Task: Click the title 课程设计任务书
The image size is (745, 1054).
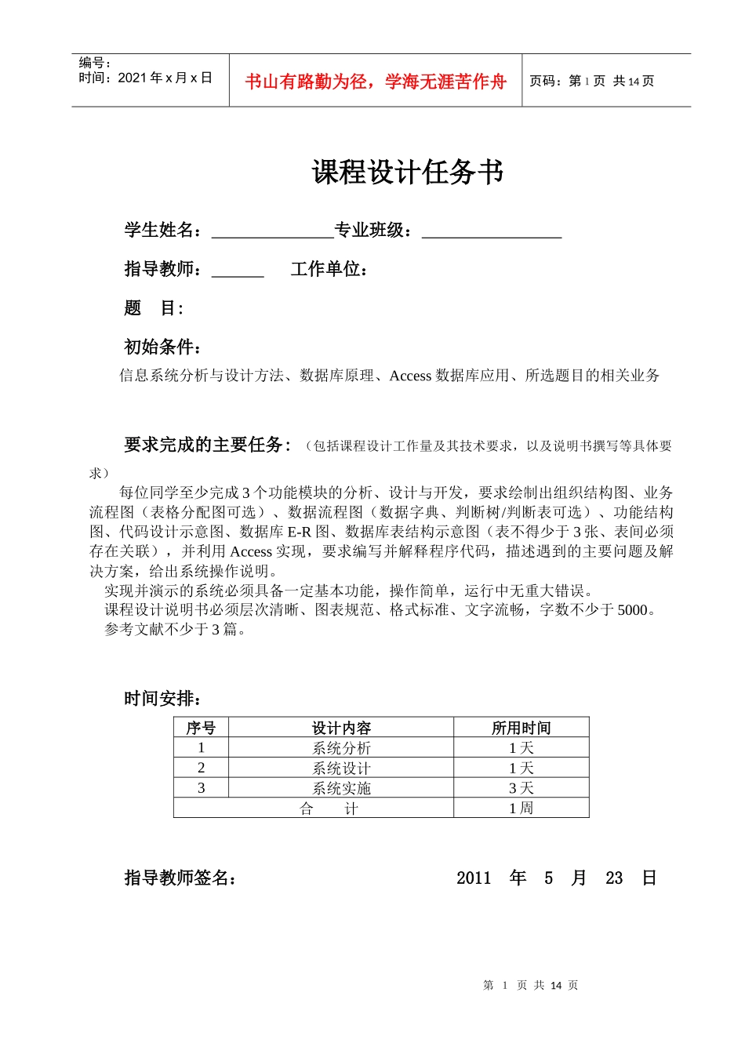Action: pyautogui.click(x=407, y=173)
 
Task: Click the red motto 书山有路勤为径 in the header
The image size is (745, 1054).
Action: pyautogui.click(x=376, y=82)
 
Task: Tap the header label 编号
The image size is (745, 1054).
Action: pyautogui.click(x=94, y=63)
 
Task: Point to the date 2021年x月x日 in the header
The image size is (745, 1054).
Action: pyautogui.click(x=165, y=78)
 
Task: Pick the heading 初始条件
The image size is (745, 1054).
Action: pyautogui.click(x=163, y=347)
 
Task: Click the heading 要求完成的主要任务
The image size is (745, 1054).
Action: pyautogui.click(x=208, y=445)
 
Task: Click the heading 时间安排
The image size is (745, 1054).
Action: pyautogui.click(x=163, y=699)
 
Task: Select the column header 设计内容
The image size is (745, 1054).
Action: pyautogui.click(x=341, y=728)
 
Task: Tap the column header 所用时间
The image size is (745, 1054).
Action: pyautogui.click(x=521, y=728)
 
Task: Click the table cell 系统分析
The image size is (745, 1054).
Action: pyautogui.click(x=341, y=748)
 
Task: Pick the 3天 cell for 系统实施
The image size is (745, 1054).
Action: pyautogui.click(x=521, y=788)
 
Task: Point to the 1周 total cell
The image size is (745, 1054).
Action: pyautogui.click(x=521, y=808)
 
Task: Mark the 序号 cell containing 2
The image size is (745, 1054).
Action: pyautogui.click(x=202, y=768)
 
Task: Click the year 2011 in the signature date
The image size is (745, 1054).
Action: pyautogui.click(x=474, y=878)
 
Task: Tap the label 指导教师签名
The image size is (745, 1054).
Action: pyautogui.click(x=180, y=878)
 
